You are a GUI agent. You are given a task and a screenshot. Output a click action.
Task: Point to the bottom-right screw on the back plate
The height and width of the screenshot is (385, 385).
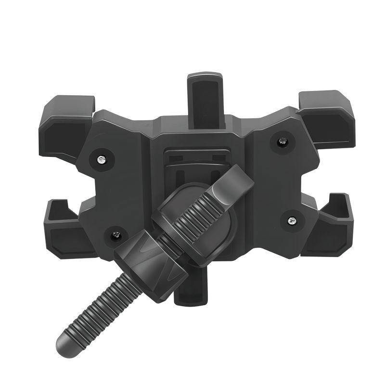(x=292, y=220)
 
